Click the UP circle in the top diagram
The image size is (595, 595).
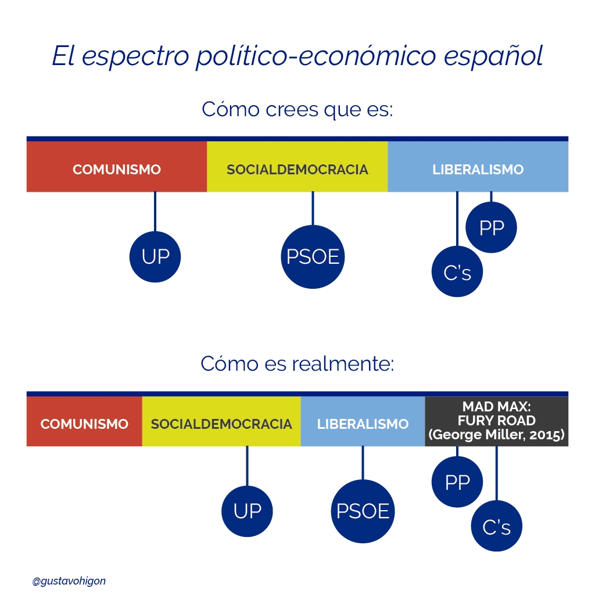(155, 257)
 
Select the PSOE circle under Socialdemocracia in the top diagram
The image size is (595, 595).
(313, 257)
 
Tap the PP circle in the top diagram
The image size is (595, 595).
(492, 228)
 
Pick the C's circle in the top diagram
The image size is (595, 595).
(457, 272)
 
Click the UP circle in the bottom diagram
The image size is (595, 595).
(247, 511)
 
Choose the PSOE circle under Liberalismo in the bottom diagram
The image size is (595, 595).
(363, 511)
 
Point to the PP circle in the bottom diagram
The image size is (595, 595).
(457, 482)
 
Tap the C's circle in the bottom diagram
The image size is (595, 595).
(497, 526)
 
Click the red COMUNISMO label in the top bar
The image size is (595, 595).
(117, 170)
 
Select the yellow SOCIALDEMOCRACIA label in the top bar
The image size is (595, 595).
(297, 170)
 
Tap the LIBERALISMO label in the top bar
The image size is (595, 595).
(478, 170)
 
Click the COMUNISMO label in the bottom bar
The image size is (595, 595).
(84, 424)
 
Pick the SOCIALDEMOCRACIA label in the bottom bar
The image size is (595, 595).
(221, 424)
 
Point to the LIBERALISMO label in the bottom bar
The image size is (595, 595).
(363, 424)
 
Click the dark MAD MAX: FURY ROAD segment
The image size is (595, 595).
(497, 421)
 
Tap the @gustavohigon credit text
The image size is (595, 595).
(69, 580)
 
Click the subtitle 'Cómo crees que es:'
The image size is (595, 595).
(297, 109)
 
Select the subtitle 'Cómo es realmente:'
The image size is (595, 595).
(297, 364)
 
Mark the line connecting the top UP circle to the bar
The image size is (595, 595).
(155, 212)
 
